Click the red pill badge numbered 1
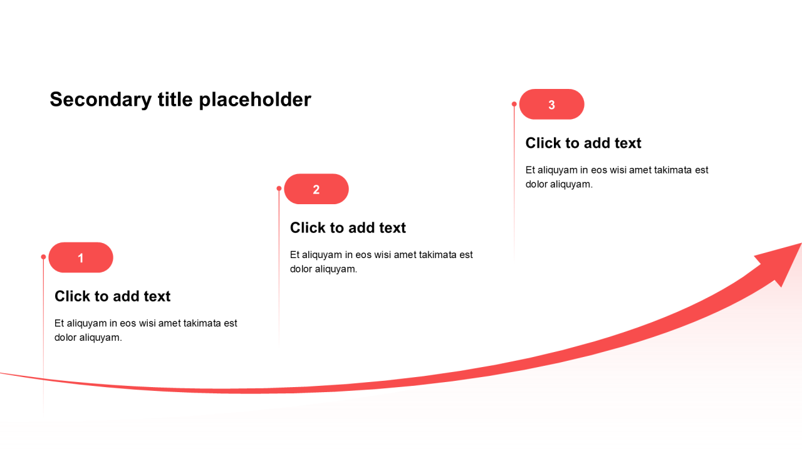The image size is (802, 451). coord(81,257)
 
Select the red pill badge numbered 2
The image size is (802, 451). coord(316,189)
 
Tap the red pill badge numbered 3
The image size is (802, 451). coord(552,104)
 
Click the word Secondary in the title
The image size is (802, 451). coord(101,100)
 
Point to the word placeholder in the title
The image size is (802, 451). coord(255,100)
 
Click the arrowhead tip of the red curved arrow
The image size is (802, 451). coord(801,244)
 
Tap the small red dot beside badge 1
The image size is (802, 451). coord(43,257)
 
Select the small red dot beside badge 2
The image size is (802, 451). coord(279,189)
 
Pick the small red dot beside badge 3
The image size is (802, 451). coord(514,104)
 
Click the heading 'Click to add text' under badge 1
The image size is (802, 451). coord(112,296)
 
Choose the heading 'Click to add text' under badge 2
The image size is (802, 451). coord(348,227)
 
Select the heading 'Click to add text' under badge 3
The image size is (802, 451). coord(583,143)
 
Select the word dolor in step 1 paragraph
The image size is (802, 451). coord(65,338)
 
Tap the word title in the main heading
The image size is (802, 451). coord(175,100)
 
